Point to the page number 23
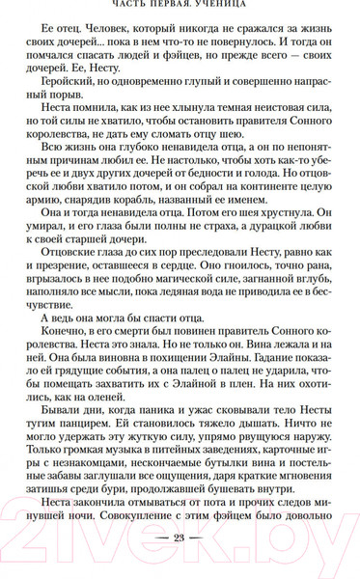[180, 565]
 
